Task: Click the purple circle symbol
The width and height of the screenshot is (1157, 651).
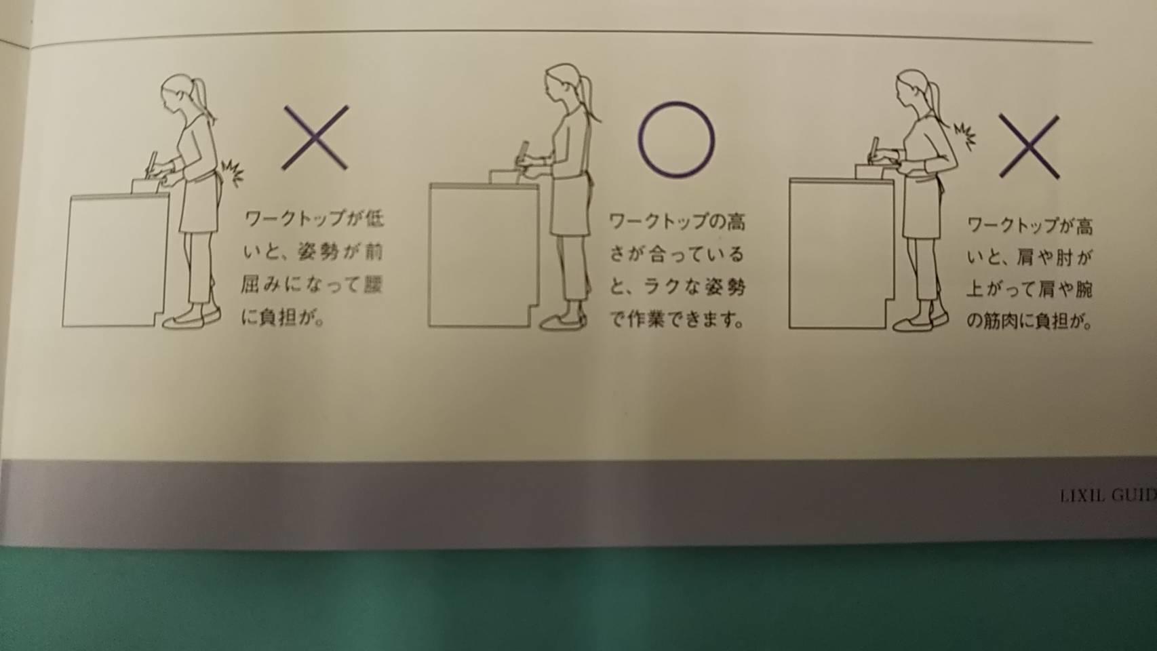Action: pyautogui.click(x=640, y=140)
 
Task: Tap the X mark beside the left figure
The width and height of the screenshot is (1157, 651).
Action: pyautogui.click(x=315, y=138)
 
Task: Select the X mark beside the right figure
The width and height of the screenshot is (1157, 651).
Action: pyautogui.click(x=1029, y=146)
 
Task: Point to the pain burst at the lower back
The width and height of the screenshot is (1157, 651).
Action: pyautogui.click(x=231, y=172)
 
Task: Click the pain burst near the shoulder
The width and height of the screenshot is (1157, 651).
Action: pyautogui.click(x=964, y=136)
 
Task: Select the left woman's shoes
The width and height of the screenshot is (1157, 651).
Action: pyautogui.click(x=191, y=318)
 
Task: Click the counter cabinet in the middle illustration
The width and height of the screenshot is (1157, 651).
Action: pyautogui.click(x=482, y=255)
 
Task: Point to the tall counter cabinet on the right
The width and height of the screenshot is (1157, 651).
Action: pyautogui.click(x=841, y=253)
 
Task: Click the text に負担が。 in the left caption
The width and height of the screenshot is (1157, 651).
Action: pyautogui.click(x=283, y=318)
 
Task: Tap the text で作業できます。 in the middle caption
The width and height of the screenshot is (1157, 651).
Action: pyautogui.click(x=677, y=320)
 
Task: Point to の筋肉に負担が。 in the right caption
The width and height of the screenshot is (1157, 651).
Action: pyautogui.click(x=1029, y=321)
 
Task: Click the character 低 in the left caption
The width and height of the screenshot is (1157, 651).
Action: pyautogui.click(x=374, y=219)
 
